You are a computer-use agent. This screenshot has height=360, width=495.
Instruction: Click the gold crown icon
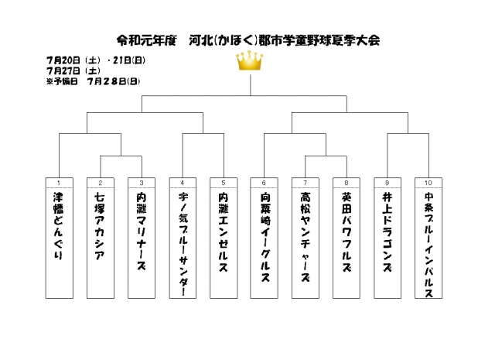coord(249,62)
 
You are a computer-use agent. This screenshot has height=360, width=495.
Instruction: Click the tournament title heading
coord(247,39)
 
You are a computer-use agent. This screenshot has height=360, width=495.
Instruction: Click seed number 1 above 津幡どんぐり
coord(58,183)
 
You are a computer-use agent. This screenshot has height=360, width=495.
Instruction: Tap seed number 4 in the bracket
coord(182,183)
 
